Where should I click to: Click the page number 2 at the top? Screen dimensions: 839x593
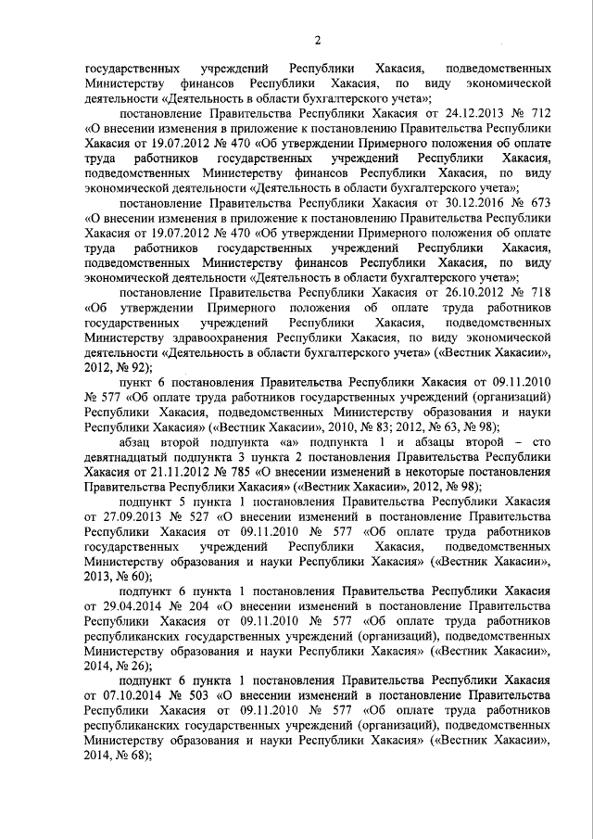coord(317,38)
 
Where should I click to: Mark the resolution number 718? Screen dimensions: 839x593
coord(542,294)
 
